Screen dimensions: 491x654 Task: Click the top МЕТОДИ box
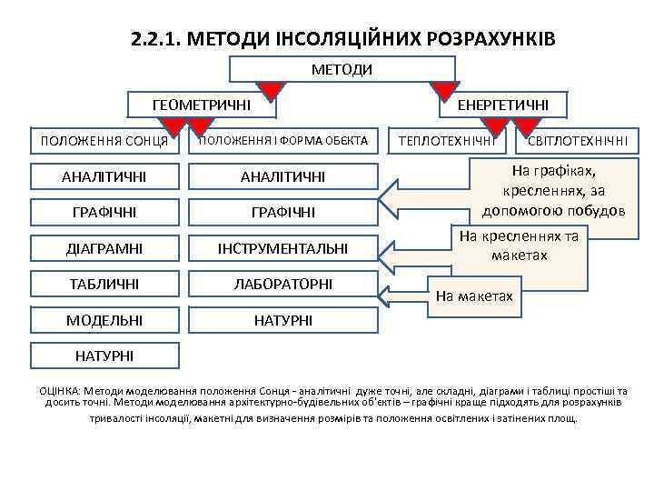point(342,69)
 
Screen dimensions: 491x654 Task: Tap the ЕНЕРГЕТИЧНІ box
point(502,105)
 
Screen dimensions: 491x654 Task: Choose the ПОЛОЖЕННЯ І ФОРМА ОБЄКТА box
point(282,141)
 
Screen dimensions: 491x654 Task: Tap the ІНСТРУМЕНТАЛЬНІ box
point(282,247)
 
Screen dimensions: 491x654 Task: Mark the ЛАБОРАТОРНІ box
point(282,284)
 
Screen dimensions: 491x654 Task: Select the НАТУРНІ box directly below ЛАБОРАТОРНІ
point(282,320)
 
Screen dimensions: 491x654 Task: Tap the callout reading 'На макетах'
point(474,296)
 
